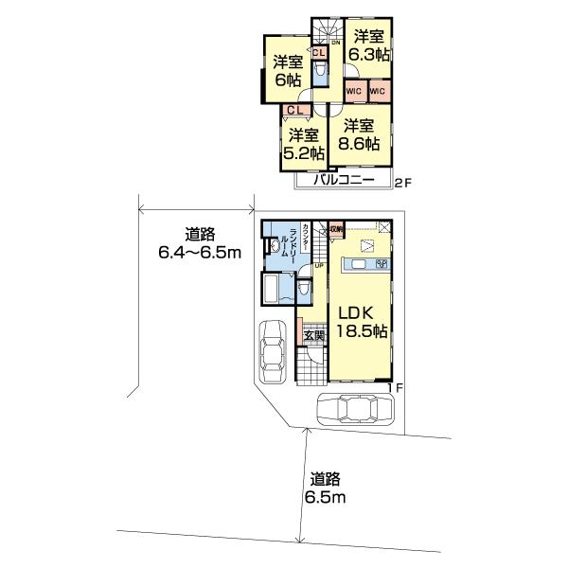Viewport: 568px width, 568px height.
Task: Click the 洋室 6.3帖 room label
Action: (367, 45)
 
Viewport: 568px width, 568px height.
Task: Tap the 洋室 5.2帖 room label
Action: (305, 143)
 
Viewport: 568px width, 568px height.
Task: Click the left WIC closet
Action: (354, 91)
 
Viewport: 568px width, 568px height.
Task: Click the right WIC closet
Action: (378, 91)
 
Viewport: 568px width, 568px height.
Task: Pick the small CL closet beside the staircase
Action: (320, 54)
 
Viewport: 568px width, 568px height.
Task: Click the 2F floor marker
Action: (401, 181)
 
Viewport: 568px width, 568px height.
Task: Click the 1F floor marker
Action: (401, 388)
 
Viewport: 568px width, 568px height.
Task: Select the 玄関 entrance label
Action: (313, 335)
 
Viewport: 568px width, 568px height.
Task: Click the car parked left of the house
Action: (274, 354)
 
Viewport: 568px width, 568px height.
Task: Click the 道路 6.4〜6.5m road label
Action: (199, 243)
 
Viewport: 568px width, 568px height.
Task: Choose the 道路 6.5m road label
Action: (325, 488)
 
